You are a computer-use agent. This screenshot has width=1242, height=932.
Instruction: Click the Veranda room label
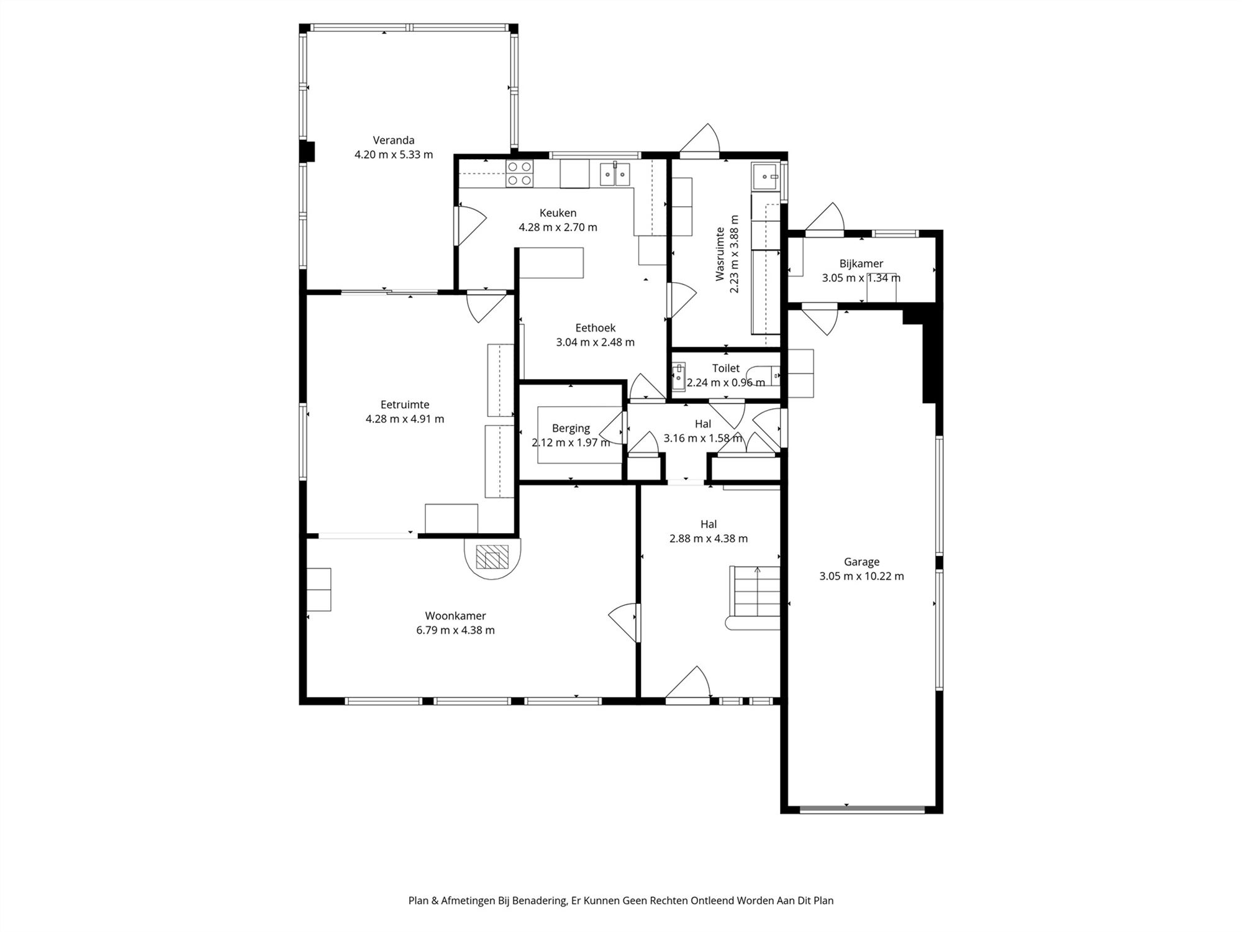pyautogui.click(x=393, y=140)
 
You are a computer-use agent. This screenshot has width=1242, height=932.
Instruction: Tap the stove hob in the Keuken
pyautogui.click(x=519, y=173)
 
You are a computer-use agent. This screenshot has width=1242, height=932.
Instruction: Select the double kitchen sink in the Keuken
pyautogui.click(x=615, y=174)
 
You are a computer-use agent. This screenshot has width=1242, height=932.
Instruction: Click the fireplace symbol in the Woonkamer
pyautogui.click(x=492, y=557)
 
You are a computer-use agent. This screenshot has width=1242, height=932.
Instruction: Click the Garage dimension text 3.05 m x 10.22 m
pyautogui.click(x=861, y=576)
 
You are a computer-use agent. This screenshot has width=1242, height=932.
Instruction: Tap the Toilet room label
pyautogui.click(x=725, y=368)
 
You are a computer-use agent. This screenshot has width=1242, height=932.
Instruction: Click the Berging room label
pyautogui.click(x=571, y=428)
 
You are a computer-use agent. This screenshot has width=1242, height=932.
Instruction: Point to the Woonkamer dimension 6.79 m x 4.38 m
pyautogui.click(x=455, y=630)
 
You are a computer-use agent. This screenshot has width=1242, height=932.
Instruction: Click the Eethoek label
pyautogui.click(x=595, y=327)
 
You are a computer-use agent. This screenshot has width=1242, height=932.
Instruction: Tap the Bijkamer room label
pyautogui.click(x=861, y=263)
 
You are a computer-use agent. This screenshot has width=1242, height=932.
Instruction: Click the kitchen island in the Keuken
pyautogui.click(x=551, y=263)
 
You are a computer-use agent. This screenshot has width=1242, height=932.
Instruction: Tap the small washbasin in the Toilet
pyautogui.click(x=678, y=377)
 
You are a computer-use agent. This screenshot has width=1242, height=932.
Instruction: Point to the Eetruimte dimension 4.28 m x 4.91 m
pyautogui.click(x=405, y=419)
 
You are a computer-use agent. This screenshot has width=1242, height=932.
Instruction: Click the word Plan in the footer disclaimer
pyautogui.click(x=418, y=900)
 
